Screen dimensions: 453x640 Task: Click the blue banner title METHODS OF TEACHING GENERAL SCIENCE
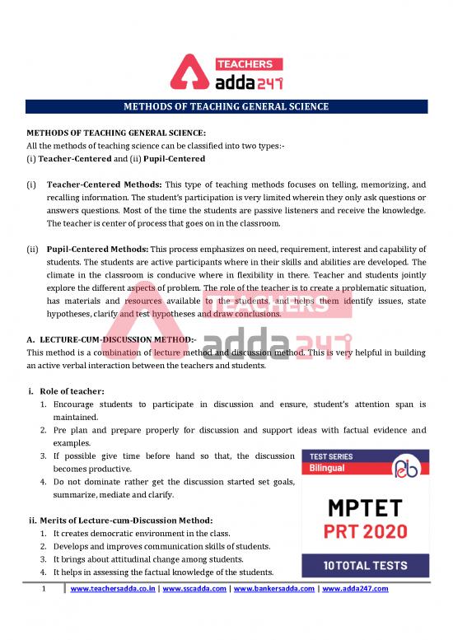click(226, 107)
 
